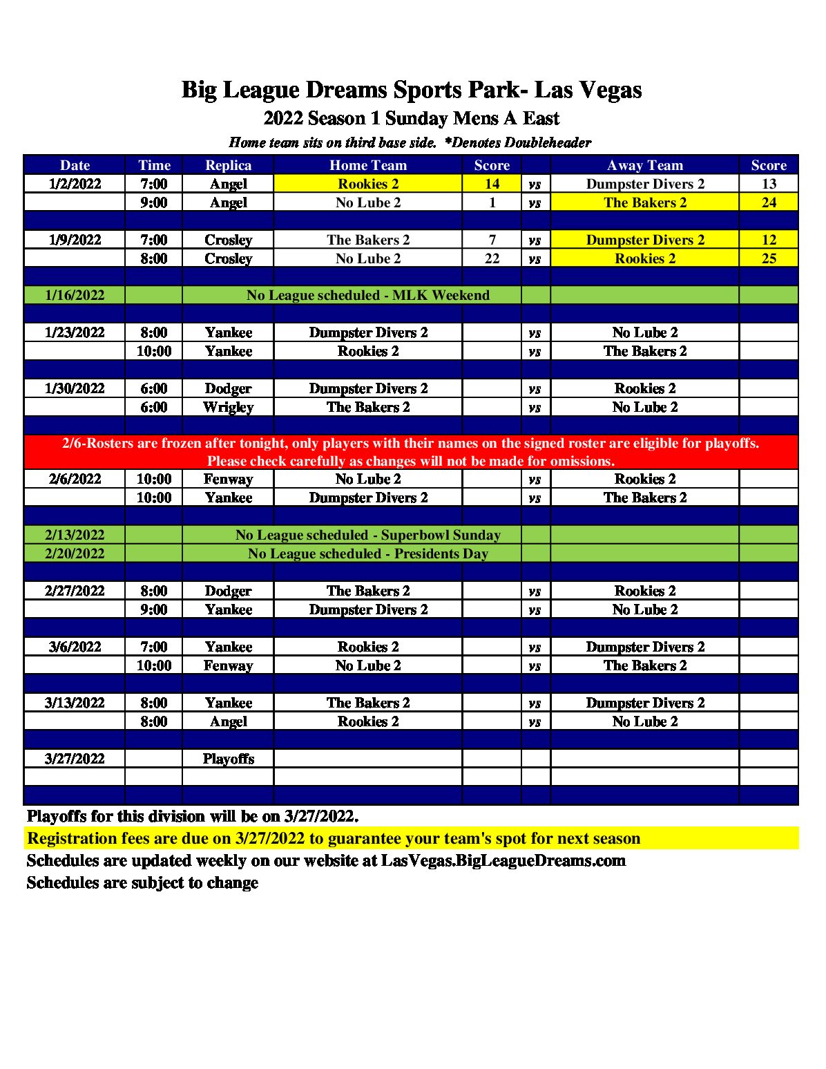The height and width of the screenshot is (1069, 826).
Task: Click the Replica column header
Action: [228, 165]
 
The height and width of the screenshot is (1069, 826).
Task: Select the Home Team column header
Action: [368, 165]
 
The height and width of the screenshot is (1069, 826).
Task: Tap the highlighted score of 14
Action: [492, 184]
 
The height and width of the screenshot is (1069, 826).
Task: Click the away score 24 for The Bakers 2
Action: [769, 202]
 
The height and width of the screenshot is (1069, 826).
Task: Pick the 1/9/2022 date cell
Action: [75, 240]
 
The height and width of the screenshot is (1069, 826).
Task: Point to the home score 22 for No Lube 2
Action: [492, 258]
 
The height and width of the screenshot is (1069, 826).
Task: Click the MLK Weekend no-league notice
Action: [368, 296]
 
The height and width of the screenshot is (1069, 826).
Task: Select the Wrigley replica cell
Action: [228, 407]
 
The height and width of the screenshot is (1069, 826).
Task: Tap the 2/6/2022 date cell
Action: [75, 479]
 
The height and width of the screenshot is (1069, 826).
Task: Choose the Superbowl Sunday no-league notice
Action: [368, 535]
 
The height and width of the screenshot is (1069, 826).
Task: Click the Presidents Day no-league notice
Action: [368, 554]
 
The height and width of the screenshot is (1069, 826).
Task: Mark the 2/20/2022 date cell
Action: [75, 554]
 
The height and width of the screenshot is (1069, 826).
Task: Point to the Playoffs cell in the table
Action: [228, 759]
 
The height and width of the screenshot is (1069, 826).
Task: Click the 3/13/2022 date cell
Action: [75, 703]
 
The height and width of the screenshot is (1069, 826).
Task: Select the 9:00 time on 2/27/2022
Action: [153, 609]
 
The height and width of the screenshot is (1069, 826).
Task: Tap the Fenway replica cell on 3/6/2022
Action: [228, 665]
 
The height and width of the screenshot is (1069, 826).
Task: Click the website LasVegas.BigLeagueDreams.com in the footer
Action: [503, 861]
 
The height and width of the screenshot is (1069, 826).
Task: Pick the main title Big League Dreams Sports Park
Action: [412, 90]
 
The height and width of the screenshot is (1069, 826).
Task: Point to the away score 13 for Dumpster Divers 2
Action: [769, 184]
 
